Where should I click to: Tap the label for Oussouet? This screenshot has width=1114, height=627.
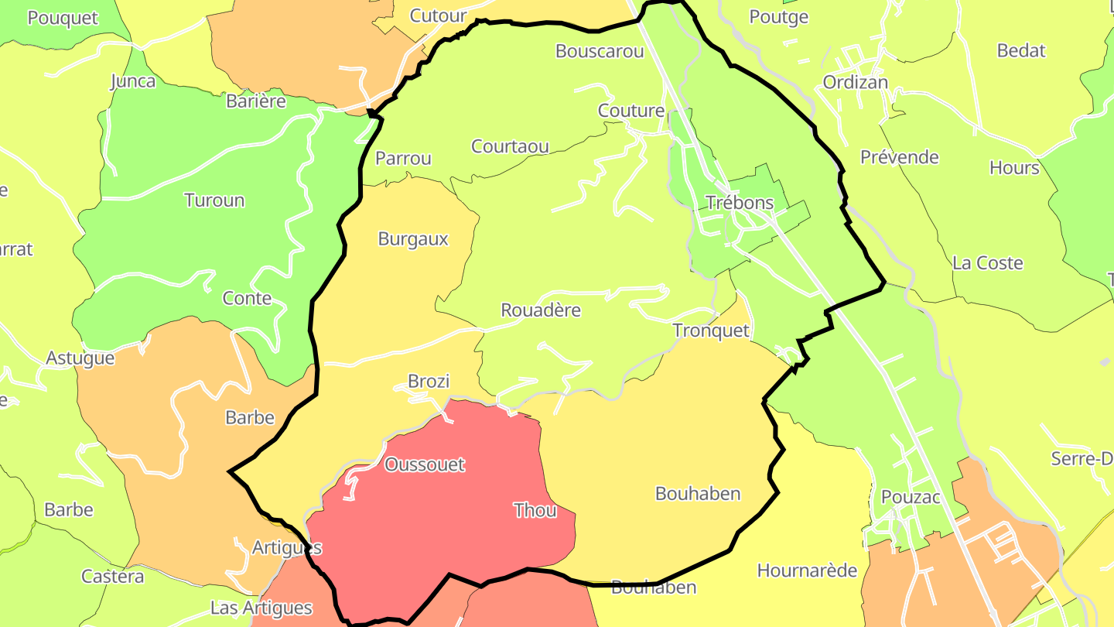click(425, 464)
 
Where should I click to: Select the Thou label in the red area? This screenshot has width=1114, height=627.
click(535, 510)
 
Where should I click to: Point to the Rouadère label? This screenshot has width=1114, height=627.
click(541, 310)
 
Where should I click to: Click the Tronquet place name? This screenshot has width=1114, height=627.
click(711, 331)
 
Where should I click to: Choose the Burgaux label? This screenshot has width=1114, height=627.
click(413, 239)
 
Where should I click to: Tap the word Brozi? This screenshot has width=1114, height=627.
click(429, 381)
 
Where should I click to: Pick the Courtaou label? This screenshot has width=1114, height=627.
click(510, 146)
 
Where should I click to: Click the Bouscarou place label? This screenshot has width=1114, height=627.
click(600, 51)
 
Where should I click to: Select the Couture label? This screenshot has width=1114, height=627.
click(631, 111)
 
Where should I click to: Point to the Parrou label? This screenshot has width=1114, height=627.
click(403, 159)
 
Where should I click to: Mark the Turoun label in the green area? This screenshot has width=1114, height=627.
click(214, 200)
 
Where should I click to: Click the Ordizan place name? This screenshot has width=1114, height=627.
click(855, 82)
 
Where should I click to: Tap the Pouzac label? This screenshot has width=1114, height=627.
click(911, 497)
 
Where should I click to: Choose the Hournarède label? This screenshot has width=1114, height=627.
click(807, 571)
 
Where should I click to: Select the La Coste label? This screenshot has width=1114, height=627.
click(988, 263)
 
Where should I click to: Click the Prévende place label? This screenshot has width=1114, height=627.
click(900, 157)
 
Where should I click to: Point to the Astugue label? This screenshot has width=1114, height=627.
click(80, 358)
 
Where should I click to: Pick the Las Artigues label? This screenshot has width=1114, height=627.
click(261, 608)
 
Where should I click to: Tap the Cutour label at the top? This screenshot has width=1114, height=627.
click(438, 15)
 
